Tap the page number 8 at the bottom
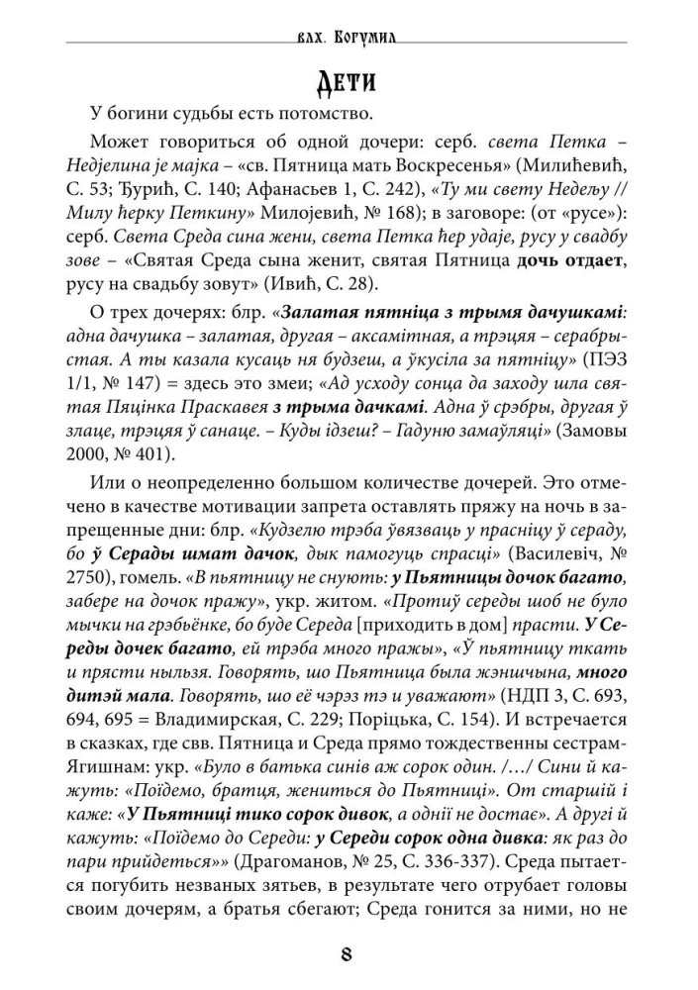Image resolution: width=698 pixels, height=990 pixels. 346,955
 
